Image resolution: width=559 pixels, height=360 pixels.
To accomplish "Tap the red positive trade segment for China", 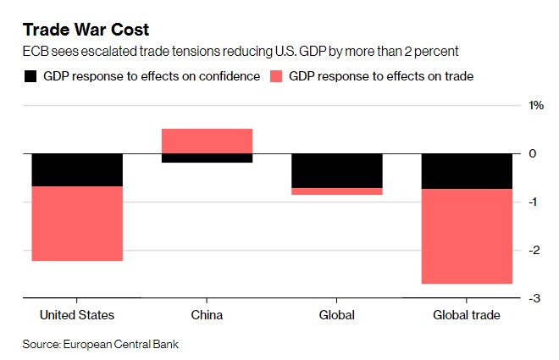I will point(207,141).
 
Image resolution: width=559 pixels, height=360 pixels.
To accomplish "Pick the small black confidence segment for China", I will point(207,158).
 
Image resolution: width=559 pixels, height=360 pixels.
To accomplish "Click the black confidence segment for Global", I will point(336,170).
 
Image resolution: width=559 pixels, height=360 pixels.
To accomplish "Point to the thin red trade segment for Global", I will point(336,191).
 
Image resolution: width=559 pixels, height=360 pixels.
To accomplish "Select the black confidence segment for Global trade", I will point(467,171).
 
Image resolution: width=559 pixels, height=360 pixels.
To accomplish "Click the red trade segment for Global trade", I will point(467,236).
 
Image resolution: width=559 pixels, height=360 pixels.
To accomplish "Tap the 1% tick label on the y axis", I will point(536,105).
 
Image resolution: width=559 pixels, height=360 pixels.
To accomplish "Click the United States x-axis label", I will point(77,315).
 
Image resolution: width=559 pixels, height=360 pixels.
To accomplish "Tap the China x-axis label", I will point(207,315).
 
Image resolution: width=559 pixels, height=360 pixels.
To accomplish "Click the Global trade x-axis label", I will point(467,315).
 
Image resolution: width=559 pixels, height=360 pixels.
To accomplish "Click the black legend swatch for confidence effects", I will point(30,76).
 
